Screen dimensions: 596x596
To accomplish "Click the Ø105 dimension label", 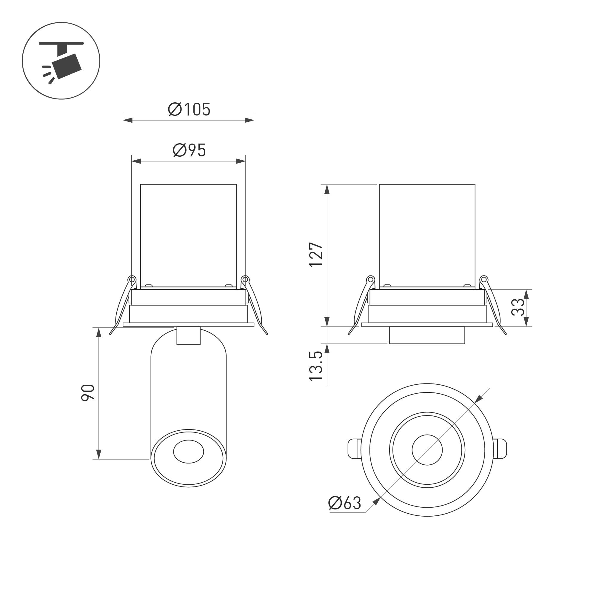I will point(189,110).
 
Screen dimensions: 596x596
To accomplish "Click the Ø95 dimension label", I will point(189,150).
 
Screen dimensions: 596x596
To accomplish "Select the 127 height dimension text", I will point(316,255).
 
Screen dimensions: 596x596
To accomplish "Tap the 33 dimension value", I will point(518,307).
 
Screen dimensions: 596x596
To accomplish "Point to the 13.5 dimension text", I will point(316,366).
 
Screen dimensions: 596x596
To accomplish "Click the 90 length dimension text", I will point(88,393).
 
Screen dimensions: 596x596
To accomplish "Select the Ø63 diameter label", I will point(345,503).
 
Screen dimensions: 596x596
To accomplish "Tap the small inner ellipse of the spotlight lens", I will point(189,452).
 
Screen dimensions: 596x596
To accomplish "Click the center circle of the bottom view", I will point(427,450).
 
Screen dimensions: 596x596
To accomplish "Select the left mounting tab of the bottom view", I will point(355,449).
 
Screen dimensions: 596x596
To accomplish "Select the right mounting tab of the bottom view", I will point(500,449).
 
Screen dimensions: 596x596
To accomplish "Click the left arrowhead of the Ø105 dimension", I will point(128,120).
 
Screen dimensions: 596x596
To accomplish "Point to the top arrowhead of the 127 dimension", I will point(327,189).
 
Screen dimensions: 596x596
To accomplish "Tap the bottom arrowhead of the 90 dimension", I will point(99,454).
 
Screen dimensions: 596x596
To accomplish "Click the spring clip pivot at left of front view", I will point(132,279).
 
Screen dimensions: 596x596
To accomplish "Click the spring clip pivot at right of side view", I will point(484,279).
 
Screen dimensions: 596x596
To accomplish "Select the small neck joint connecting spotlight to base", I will point(189,336).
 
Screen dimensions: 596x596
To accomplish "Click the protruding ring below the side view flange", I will point(427,335).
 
